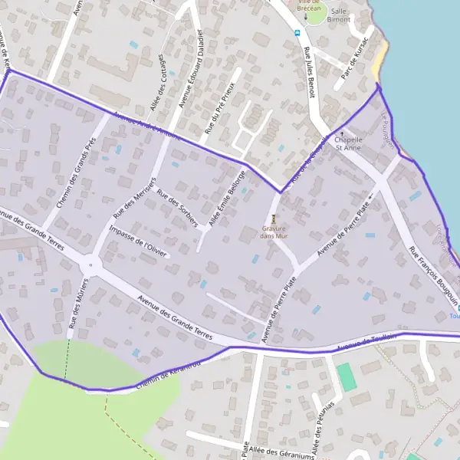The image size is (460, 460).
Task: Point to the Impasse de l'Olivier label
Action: pos(139,238)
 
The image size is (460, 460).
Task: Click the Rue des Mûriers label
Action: pos(78,305)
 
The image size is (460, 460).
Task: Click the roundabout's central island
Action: pos(90,266)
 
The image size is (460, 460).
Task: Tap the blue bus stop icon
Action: pos(297,32)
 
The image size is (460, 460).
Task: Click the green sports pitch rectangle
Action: pos(347,377)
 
